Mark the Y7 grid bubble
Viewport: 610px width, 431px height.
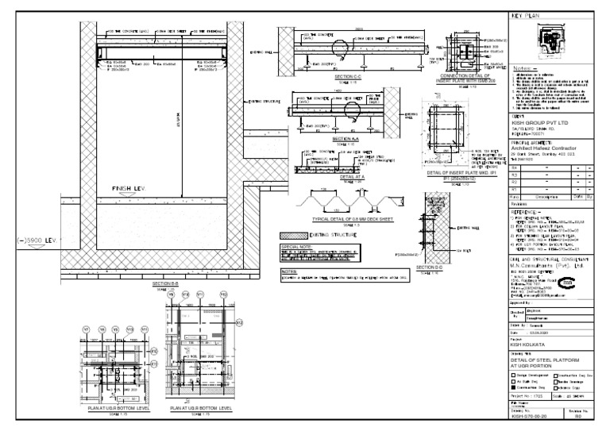[89, 329]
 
